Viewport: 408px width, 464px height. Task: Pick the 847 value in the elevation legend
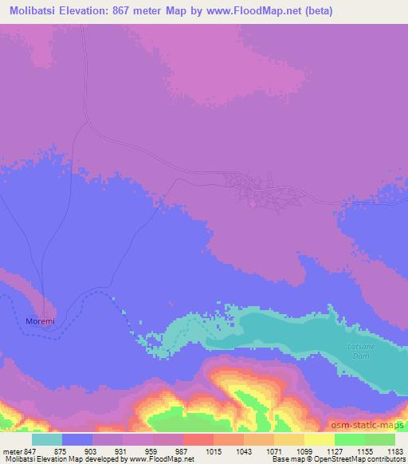pyautogui.click(x=31, y=450)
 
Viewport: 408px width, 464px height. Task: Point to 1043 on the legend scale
pyautogui.click(x=245, y=450)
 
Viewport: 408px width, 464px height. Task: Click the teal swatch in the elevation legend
pyautogui.click(x=47, y=439)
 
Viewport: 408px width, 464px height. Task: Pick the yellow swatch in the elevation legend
pyautogui.click(x=320, y=439)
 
